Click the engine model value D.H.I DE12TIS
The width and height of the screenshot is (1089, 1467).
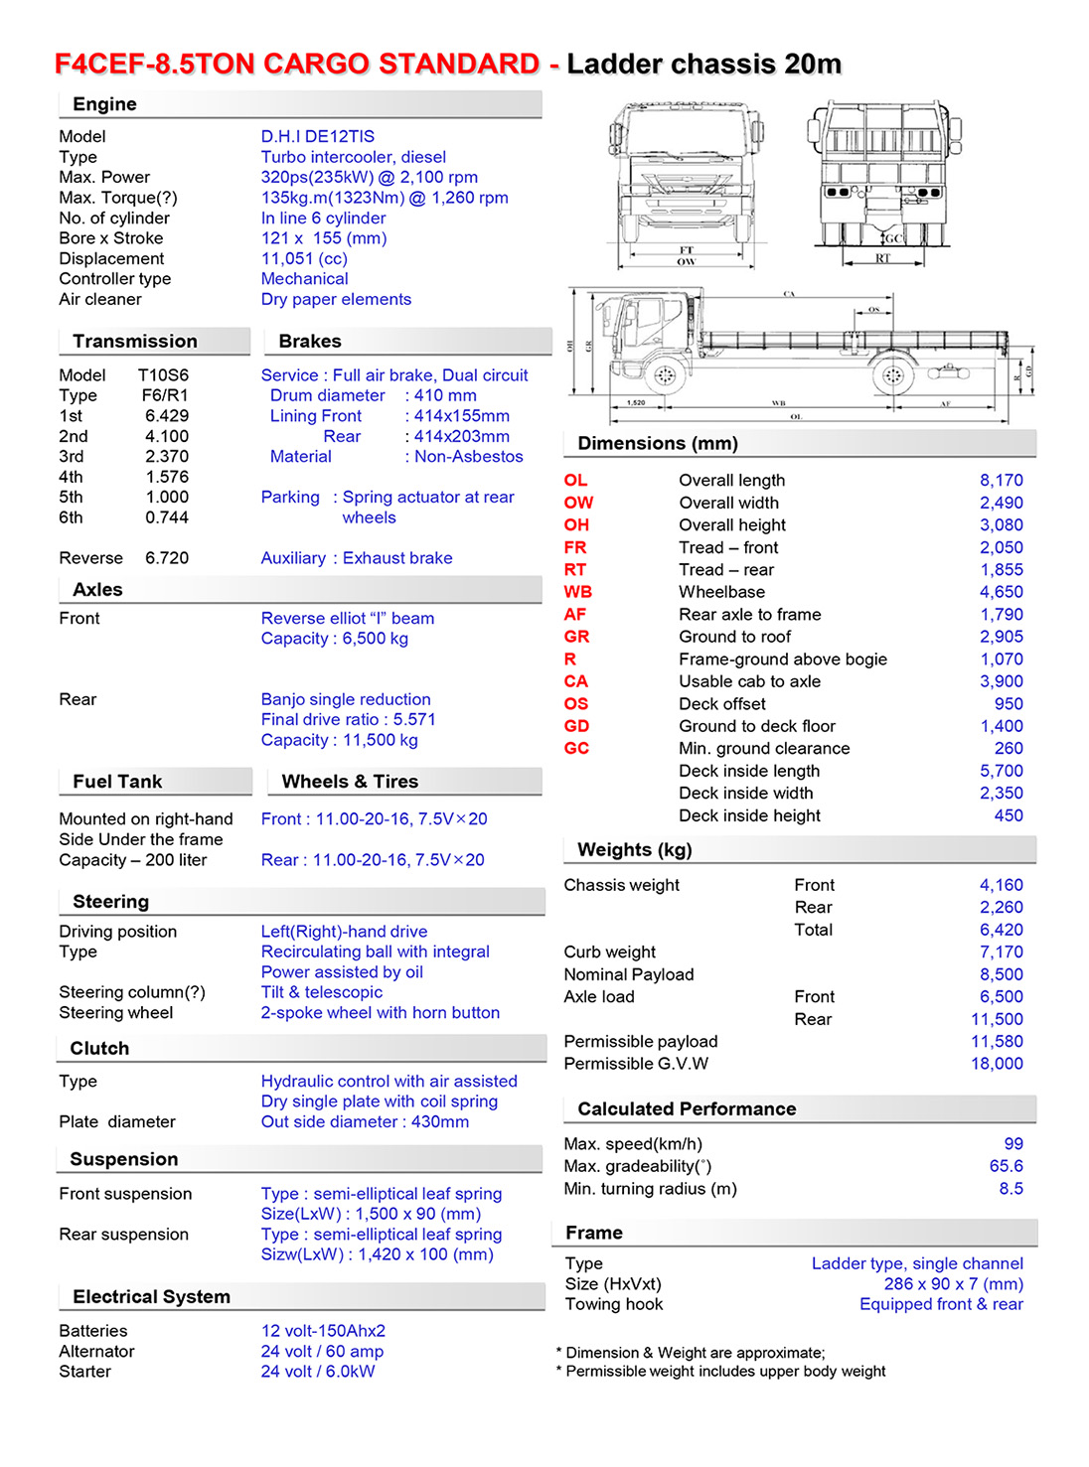(317, 136)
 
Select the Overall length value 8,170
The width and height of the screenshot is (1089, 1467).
(1001, 480)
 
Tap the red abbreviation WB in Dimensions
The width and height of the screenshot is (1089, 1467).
(577, 592)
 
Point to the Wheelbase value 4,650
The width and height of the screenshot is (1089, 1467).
(1001, 592)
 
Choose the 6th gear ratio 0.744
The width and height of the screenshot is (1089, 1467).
(166, 517)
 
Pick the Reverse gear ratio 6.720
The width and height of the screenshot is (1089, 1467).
(166, 558)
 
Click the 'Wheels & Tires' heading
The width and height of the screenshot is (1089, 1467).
(350, 782)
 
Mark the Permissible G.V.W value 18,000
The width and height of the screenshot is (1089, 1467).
(997, 1064)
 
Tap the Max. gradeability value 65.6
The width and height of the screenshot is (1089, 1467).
(1006, 1166)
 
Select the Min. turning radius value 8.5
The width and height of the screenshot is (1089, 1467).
(1011, 1189)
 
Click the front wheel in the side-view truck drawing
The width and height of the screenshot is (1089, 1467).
(665, 375)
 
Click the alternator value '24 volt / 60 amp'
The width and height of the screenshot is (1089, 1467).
(322, 1351)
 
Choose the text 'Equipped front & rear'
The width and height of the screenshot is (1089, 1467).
(940, 1304)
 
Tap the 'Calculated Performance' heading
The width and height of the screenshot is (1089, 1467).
(687, 1108)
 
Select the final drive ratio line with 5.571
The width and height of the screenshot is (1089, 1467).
(348, 719)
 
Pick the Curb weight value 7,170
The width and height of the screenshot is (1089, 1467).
(1001, 952)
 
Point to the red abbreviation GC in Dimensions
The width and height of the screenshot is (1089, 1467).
(576, 748)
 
